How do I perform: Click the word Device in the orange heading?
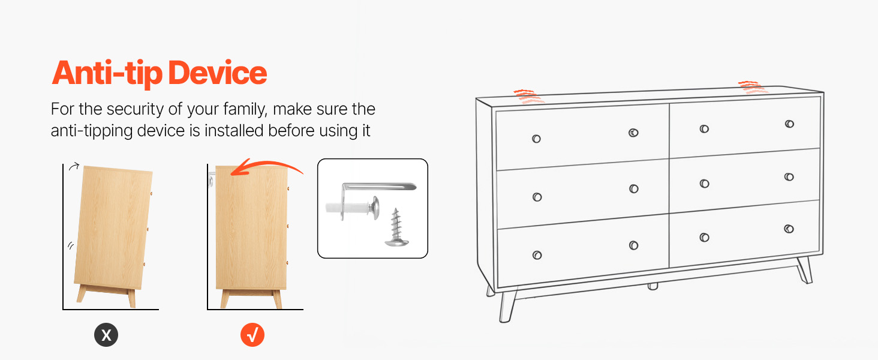(x=218, y=73)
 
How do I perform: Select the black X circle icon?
(x=106, y=335)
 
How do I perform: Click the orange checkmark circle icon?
(x=252, y=335)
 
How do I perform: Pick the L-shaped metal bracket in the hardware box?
(x=376, y=187)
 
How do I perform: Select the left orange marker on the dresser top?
(x=528, y=97)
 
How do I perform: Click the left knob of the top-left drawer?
(x=536, y=139)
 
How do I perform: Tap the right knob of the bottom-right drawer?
(x=789, y=229)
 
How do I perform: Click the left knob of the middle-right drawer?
(x=704, y=184)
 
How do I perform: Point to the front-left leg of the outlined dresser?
(x=507, y=307)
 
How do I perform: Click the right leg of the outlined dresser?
(x=804, y=270)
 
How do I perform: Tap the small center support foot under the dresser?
(x=653, y=286)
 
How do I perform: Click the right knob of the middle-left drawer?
(x=634, y=188)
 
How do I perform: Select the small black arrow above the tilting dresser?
(x=74, y=166)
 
